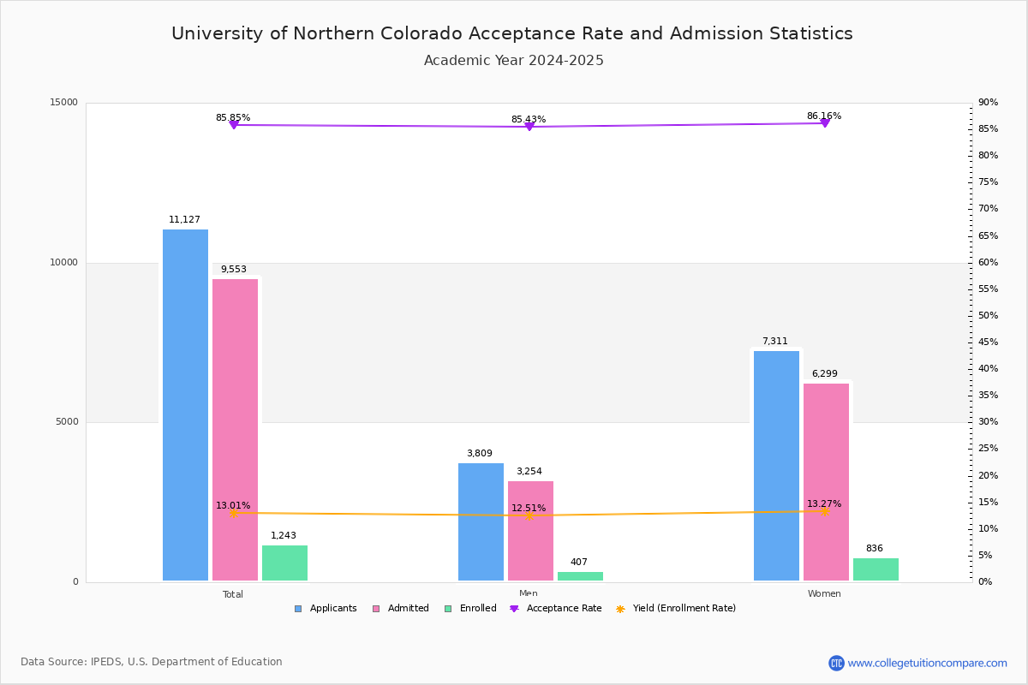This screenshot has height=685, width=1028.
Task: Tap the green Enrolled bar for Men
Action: coord(580,576)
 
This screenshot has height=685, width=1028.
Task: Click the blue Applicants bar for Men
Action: coord(481,521)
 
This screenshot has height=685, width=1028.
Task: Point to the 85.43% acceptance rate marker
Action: coord(529,127)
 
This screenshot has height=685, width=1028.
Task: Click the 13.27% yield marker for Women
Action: coord(825,511)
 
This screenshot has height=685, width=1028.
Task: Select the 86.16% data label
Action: coord(823,116)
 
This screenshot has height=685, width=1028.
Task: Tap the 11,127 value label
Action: coord(184,220)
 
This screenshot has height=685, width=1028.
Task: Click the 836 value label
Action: coord(874,549)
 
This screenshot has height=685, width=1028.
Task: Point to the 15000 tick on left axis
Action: coord(64,103)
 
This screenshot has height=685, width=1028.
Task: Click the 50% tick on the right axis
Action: coord(988,316)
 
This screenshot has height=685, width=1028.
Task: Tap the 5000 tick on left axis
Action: coord(67,422)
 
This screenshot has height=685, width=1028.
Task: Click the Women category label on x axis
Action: coord(824,594)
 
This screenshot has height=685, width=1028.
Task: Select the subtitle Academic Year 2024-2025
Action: coord(513,61)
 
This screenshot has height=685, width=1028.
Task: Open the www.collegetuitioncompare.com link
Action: coord(927,663)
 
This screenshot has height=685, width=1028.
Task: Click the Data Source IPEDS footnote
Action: coord(152,662)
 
